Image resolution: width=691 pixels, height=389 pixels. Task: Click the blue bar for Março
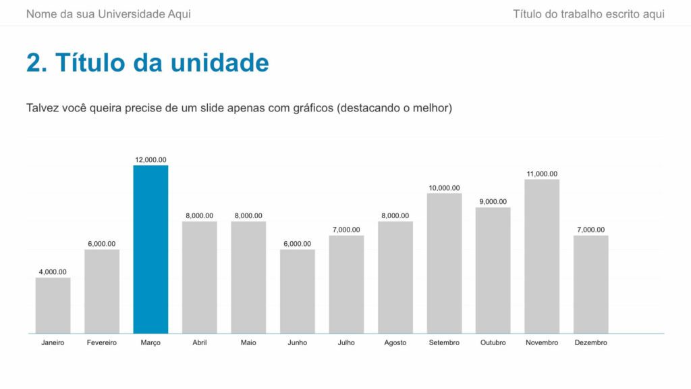150,249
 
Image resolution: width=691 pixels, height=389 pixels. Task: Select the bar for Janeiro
53,305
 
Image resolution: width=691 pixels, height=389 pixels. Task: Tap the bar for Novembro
542,256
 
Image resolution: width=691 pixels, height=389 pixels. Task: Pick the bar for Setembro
444,263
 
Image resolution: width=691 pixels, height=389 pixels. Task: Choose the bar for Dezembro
591,284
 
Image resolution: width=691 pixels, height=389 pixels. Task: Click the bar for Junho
298,291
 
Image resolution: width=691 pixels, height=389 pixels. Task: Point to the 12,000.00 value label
150,160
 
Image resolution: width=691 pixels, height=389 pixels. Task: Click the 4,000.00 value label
53,272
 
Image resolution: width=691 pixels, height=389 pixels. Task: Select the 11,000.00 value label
542,174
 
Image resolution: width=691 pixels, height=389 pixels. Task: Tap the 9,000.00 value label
493,202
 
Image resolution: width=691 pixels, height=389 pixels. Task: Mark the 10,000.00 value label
444,188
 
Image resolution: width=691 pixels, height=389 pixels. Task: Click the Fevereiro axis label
102,343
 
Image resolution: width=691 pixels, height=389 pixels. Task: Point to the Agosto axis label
395,343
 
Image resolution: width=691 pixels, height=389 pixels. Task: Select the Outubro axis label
493,343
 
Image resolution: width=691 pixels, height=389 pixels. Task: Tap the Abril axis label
200,343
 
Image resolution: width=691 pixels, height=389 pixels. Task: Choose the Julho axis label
346,343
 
